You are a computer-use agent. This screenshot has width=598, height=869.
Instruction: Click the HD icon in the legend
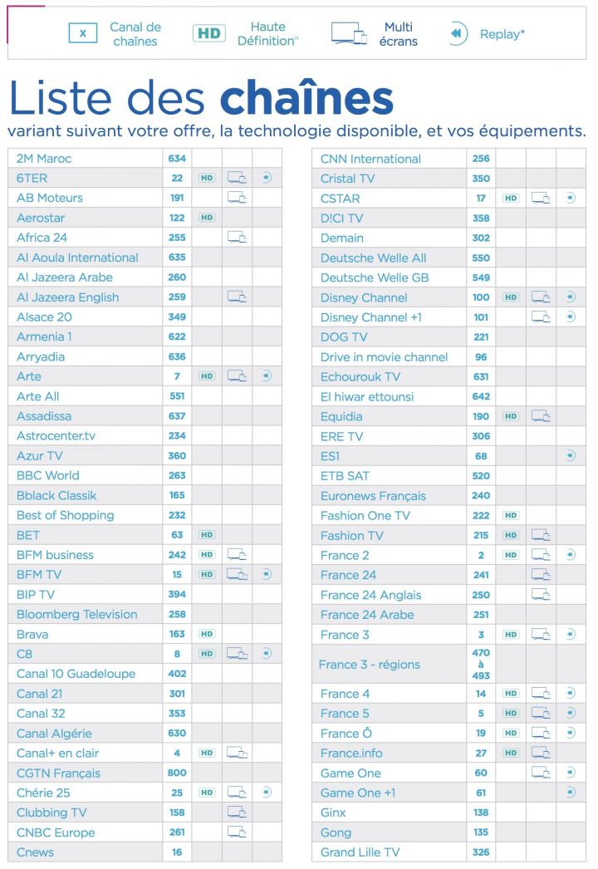[x=209, y=33]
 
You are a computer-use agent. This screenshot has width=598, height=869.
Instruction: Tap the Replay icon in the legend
[x=457, y=33]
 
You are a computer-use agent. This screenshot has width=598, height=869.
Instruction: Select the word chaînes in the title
[x=306, y=98]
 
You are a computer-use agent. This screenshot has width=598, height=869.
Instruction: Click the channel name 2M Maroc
[x=44, y=158]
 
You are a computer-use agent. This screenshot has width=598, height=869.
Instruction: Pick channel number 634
[x=177, y=158]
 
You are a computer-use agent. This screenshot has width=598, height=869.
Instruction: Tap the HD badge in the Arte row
[x=207, y=376]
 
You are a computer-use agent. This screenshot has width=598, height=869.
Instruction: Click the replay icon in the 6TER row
[x=266, y=178]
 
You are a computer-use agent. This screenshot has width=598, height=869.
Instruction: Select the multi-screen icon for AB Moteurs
[x=238, y=198]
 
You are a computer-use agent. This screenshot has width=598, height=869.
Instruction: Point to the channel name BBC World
[x=48, y=475]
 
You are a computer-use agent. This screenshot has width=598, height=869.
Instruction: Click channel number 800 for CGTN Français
[x=177, y=773]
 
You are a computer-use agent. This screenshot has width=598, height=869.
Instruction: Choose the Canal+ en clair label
[x=57, y=753]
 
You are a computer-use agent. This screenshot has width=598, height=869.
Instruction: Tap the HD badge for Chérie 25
[x=207, y=793]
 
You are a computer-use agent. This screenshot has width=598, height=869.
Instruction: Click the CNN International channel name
[x=370, y=159]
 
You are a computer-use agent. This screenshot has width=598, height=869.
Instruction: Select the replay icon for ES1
[x=570, y=456]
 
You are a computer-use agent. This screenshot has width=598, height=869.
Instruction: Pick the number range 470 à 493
[x=481, y=664]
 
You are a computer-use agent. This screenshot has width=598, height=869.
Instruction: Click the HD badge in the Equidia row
[x=511, y=416]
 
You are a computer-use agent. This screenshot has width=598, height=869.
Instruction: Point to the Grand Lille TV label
[x=360, y=852]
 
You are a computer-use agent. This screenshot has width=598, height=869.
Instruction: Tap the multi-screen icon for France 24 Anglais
[x=541, y=595]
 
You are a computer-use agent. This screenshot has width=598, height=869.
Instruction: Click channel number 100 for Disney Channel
[x=481, y=297]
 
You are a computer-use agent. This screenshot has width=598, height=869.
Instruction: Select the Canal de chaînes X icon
[x=83, y=33]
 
